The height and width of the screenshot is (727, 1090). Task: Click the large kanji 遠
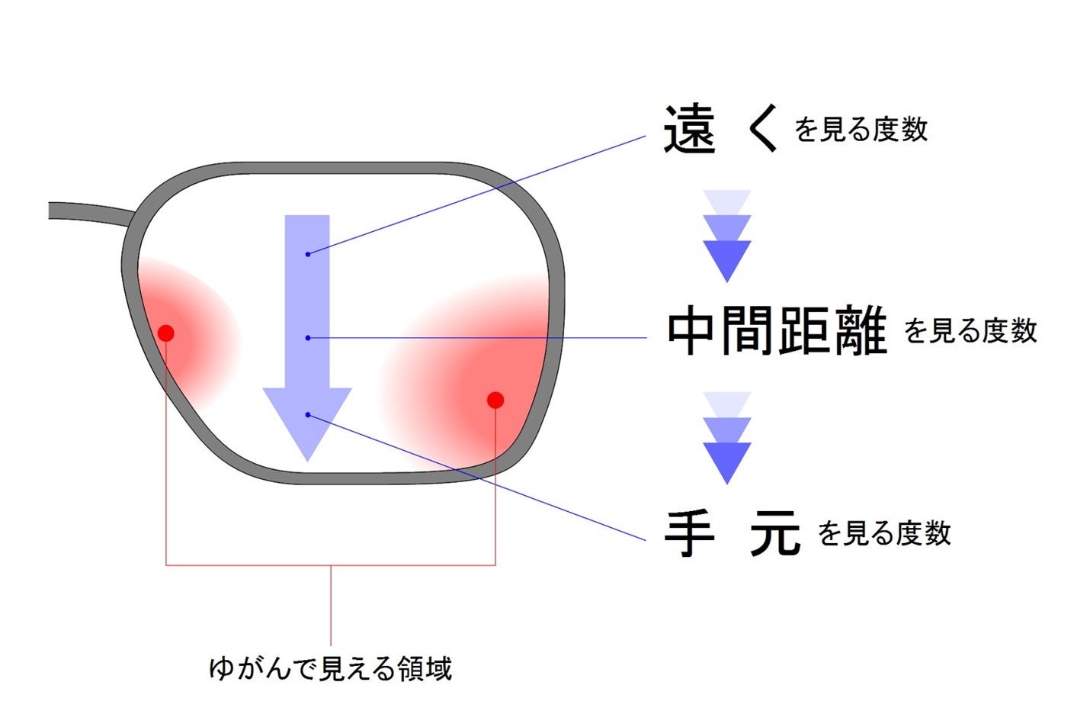tap(689, 130)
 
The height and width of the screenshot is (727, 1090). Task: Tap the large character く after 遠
tap(763, 130)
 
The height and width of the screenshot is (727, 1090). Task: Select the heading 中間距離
tap(777, 330)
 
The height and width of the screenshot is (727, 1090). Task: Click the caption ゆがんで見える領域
tap(330, 668)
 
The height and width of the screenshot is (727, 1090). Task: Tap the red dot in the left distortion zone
tap(166, 333)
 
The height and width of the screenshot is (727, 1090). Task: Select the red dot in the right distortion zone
tap(495, 400)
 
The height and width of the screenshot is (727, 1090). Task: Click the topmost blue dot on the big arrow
tap(307, 253)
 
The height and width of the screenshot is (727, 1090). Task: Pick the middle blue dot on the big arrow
tap(307, 337)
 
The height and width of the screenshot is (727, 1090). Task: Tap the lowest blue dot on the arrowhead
tap(307, 414)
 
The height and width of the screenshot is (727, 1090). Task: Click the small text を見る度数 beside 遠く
tap(861, 130)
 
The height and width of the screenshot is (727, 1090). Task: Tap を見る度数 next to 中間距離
tap(970, 331)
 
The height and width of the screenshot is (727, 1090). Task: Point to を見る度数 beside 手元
tap(884, 533)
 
